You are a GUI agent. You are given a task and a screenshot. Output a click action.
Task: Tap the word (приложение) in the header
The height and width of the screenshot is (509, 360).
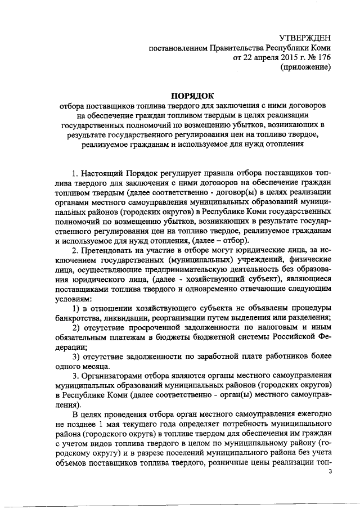306,67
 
